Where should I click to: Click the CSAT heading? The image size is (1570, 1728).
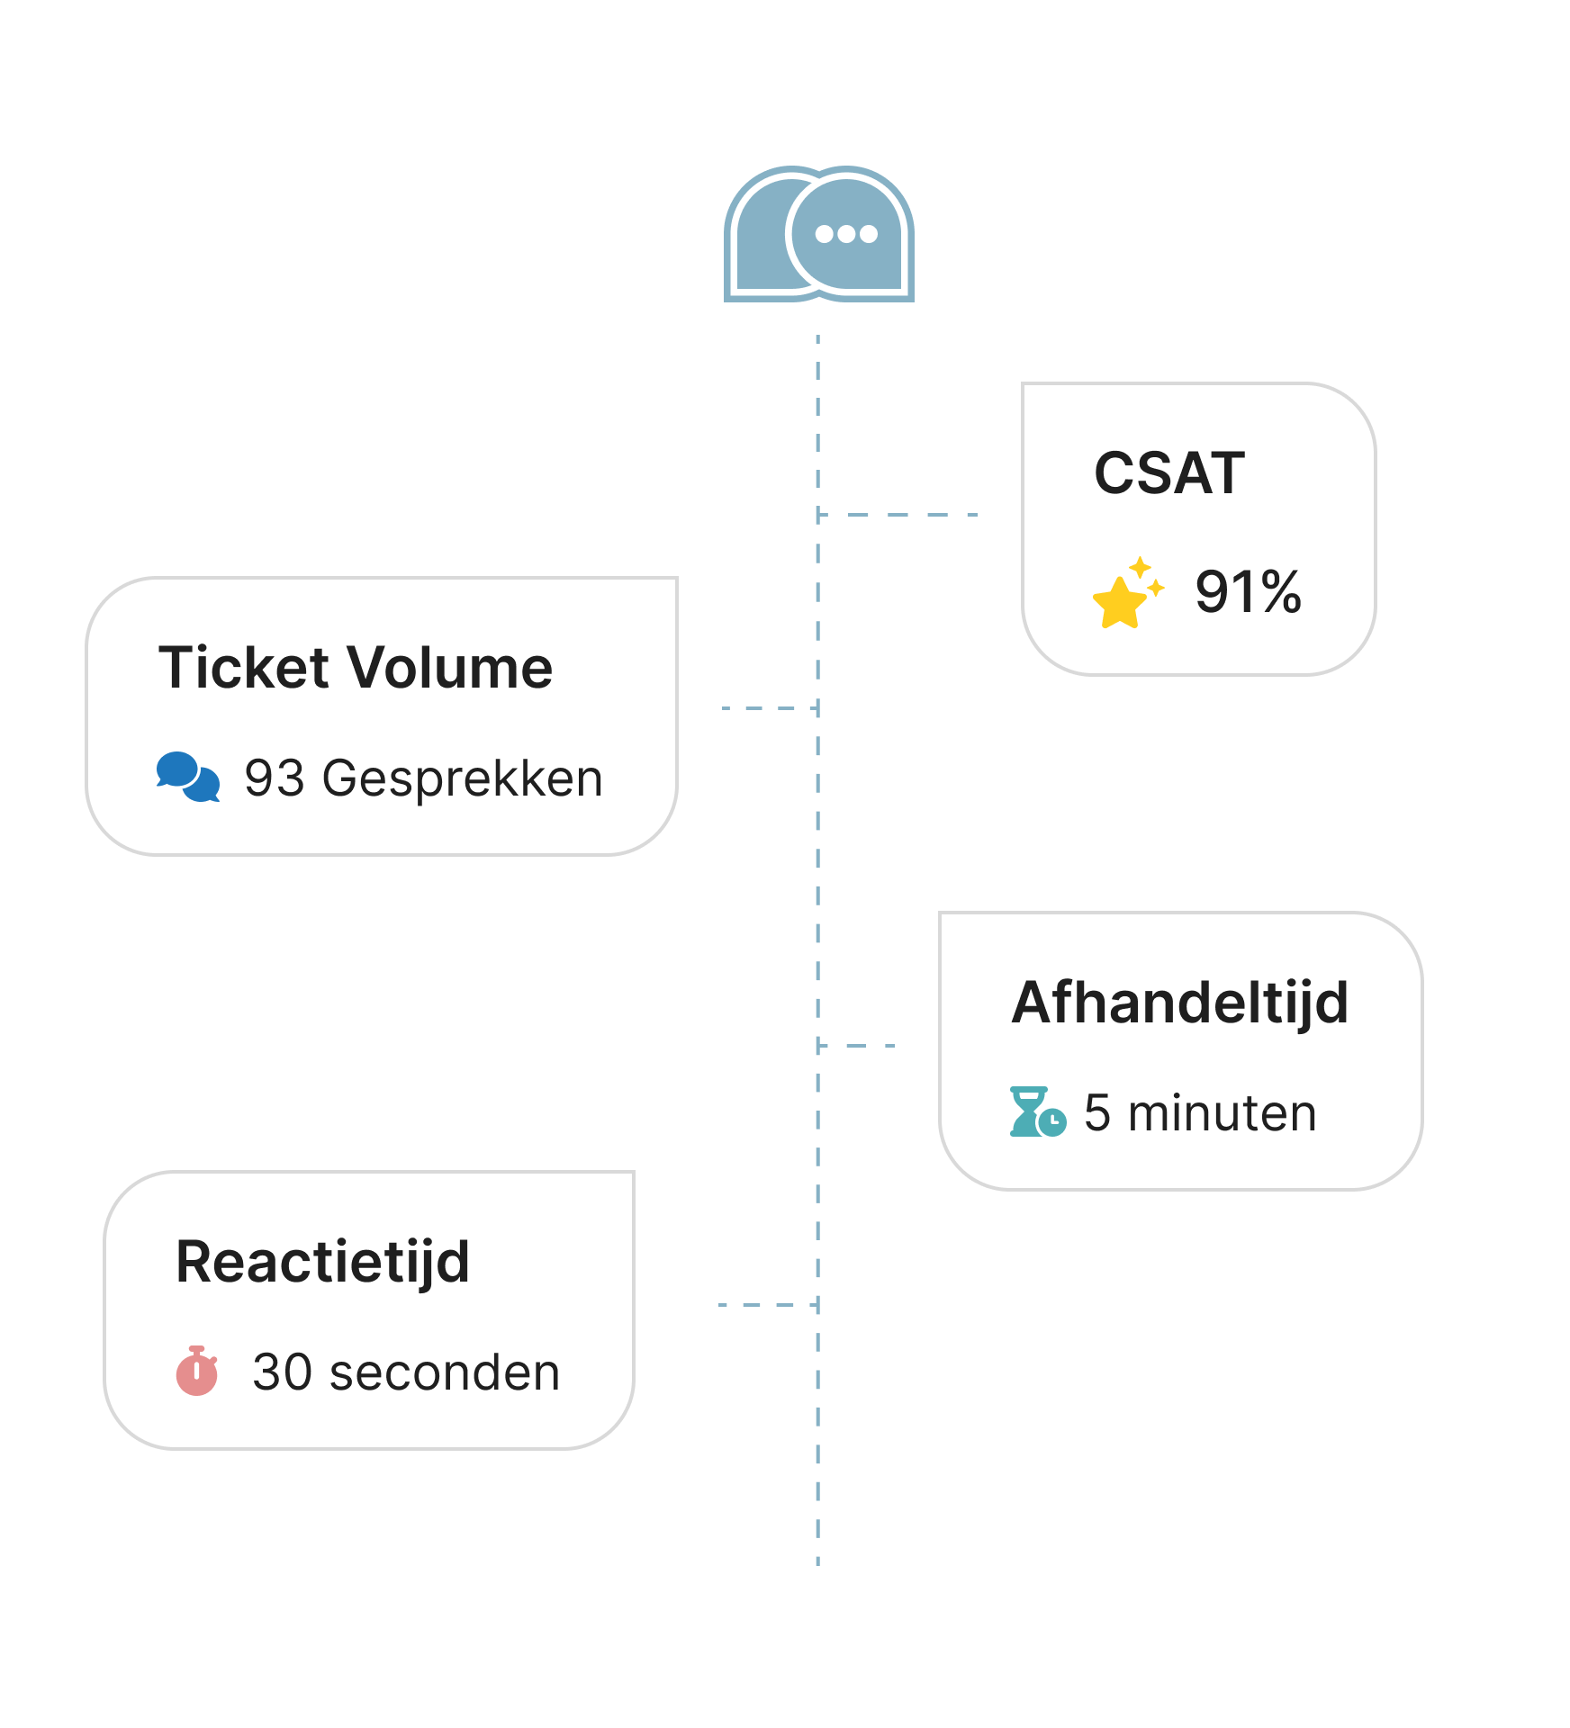point(1168,473)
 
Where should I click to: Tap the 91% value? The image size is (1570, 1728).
point(1248,592)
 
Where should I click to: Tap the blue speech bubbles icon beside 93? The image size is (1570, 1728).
point(187,777)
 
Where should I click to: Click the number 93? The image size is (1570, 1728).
point(275,778)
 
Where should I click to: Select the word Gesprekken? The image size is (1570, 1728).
point(462,779)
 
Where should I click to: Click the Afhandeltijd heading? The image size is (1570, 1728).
point(1179,1003)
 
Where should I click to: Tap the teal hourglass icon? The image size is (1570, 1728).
point(1036,1112)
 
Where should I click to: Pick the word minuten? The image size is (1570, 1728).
point(1222,1113)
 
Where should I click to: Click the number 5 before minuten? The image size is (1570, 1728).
point(1096,1113)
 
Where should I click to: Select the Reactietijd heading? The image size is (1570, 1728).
point(322,1262)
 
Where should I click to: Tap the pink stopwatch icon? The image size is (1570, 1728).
point(197,1371)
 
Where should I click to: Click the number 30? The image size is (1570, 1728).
point(282,1372)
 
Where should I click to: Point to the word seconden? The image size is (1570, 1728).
point(445,1372)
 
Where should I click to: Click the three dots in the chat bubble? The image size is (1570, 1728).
point(845,234)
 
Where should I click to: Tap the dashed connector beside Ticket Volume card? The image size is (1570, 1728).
point(770,708)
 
